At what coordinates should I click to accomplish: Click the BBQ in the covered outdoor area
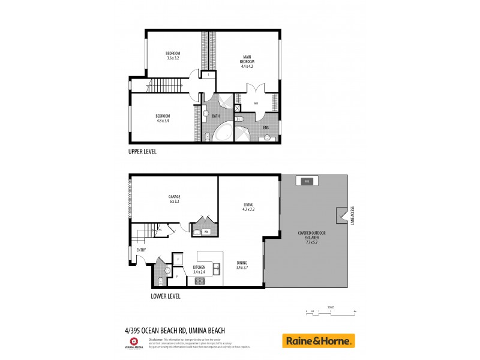(x=306, y=181)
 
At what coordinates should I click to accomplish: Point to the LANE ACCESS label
(x=353, y=215)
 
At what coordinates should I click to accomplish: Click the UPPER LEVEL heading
(x=142, y=152)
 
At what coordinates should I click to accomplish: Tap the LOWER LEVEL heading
(x=166, y=296)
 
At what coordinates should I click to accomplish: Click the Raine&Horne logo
(x=319, y=341)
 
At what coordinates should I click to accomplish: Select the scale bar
(x=331, y=311)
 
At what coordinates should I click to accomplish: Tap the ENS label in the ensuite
(x=266, y=127)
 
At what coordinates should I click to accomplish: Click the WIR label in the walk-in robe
(x=255, y=103)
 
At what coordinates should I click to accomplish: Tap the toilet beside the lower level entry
(x=161, y=280)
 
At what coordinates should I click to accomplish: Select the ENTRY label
(x=141, y=250)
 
